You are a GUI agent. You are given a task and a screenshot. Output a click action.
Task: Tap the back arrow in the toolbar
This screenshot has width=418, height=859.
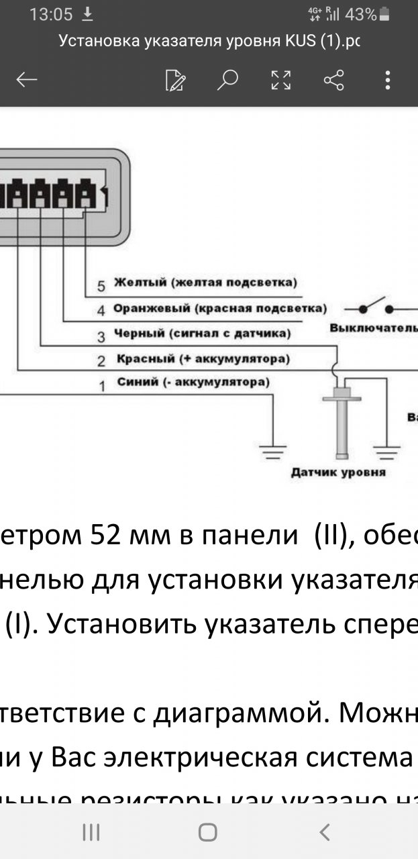click(27, 81)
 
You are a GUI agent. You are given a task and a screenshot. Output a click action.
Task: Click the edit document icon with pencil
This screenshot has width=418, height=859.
click(175, 81)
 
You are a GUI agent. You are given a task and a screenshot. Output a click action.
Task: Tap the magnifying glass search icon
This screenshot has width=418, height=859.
click(227, 81)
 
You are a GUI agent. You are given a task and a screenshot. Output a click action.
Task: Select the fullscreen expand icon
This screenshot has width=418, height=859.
click(281, 81)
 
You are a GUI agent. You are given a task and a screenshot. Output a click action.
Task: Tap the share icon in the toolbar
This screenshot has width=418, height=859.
click(333, 81)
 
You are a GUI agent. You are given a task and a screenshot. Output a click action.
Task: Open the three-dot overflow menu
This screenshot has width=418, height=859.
click(387, 81)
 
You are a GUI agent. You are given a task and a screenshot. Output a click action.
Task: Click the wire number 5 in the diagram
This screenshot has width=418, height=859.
click(101, 286)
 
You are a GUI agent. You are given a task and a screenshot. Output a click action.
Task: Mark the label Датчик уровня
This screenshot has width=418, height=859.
click(337, 472)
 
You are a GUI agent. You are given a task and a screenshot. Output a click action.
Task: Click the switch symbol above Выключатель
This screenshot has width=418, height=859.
click(376, 307)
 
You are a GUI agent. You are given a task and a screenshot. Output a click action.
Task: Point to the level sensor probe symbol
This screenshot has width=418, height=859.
click(342, 423)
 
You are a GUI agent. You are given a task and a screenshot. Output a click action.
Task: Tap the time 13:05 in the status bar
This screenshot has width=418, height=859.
click(51, 14)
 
